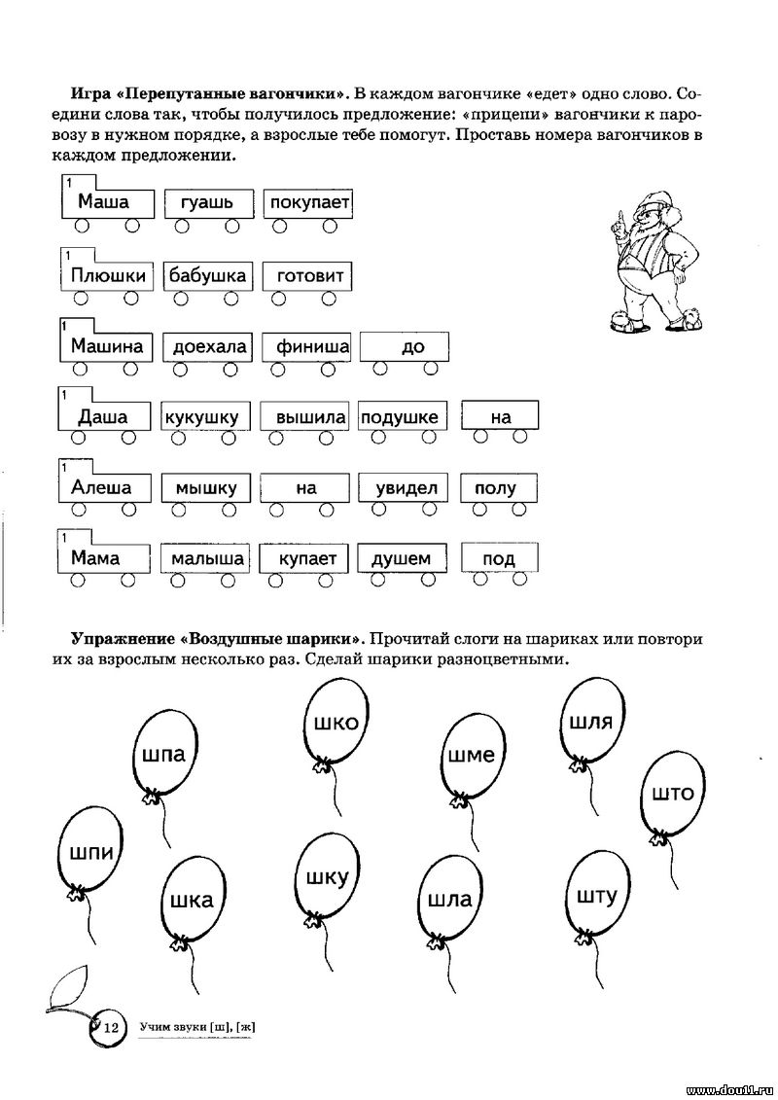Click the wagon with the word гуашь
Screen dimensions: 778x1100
click(x=208, y=210)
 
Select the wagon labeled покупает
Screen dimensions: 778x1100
click(x=307, y=210)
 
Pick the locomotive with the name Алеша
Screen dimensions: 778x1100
click(x=104, y=488)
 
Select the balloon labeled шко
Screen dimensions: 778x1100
click(x=336, y=724)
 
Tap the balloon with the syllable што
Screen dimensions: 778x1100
click(x=672, y=794)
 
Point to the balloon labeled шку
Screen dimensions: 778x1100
click(x=328, y=877)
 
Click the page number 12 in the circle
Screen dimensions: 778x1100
click(x=111, y=1028)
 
